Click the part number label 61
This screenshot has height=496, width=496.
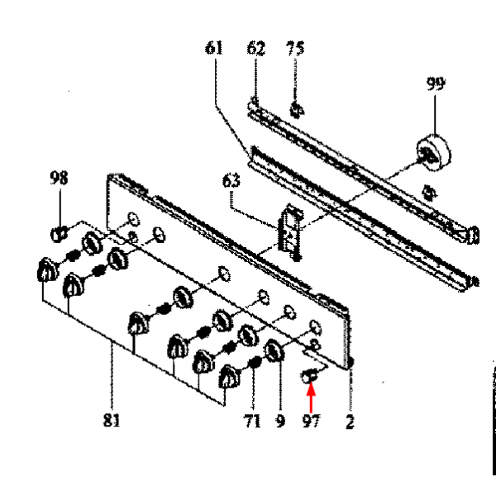(x=214, y=48)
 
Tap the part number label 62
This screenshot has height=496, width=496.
(x=256, y=49)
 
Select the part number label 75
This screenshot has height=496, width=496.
(x=295, y=49)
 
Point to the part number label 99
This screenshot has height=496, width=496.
(x=436, y=83)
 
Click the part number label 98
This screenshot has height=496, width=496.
(x=59, y=178)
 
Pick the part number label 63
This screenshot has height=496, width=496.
(x=231, y=181)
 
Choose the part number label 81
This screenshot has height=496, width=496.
(x=112, y=420)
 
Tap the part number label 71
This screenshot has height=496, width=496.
(x=252, y=421)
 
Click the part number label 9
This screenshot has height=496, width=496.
(x=280, y=421)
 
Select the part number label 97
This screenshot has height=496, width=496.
(x=312, y=421)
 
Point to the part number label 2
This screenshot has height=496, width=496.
(x=350, y=422)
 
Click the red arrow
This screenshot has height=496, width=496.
(x=311, y=398)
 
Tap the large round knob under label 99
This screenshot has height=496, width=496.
(x=434, y=152)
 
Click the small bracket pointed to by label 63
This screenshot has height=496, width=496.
(x=290, y=231)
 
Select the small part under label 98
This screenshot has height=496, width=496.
(x=59, y=235)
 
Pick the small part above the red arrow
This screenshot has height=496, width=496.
(x=308, y=376)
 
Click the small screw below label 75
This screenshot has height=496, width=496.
(x=297, y=110)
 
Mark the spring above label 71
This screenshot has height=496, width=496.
(x=255, y=362)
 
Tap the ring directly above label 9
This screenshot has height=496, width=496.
(x=274, y=351)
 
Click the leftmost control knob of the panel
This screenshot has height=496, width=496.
(x=47, y=270)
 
